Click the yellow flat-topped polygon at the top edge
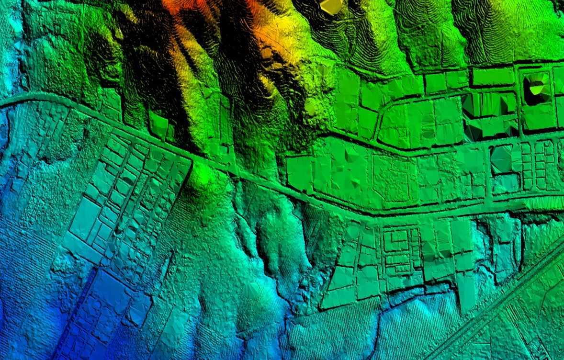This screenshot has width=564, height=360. tap(331, 6)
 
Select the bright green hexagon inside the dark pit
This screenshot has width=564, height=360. tap(537, 88)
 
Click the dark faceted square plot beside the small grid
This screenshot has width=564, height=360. tap(501, 158)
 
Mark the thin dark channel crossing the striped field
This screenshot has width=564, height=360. tap(378, 330)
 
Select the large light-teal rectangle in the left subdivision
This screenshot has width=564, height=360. tap(85, 218)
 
